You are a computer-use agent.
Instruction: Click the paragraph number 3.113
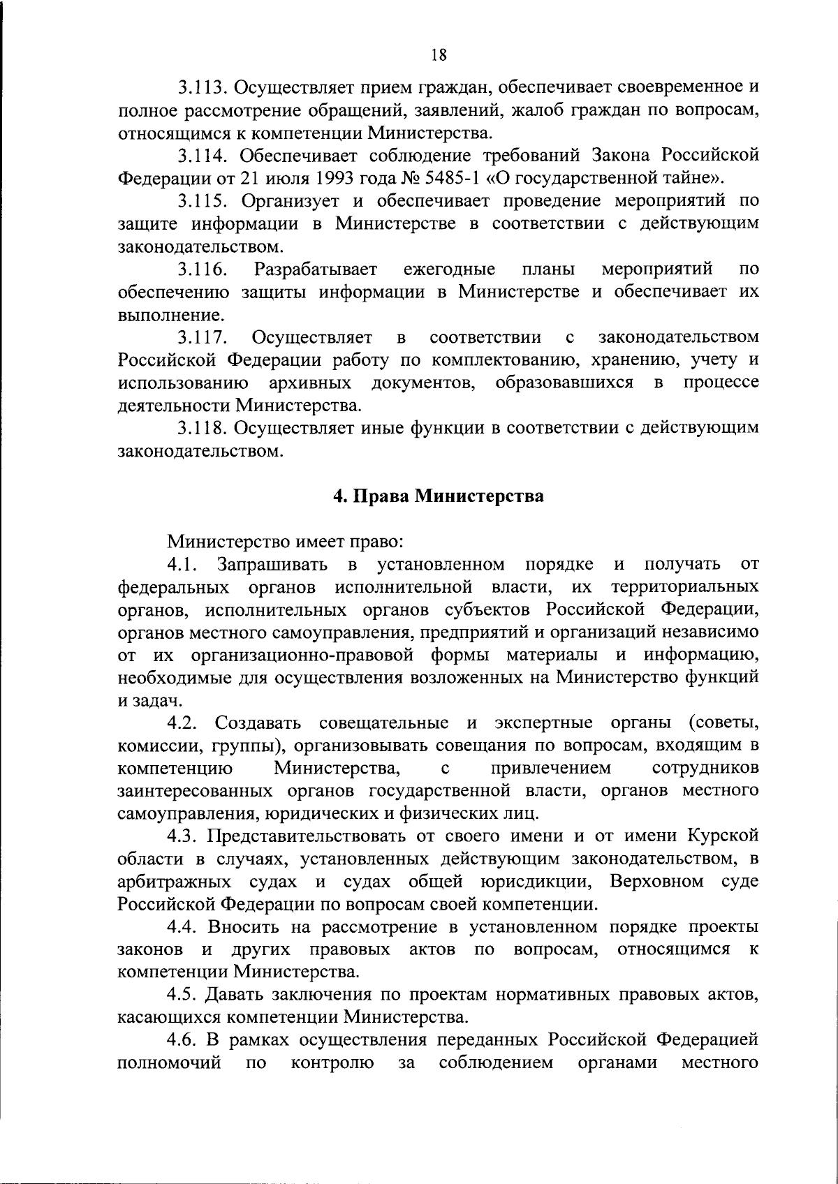coord(200,87)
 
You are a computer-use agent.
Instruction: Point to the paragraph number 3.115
coord(200,200)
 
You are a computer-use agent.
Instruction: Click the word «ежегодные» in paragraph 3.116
coord(450,269)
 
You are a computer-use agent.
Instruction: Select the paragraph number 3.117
coord(200,338)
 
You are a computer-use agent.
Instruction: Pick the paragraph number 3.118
coord(200,428)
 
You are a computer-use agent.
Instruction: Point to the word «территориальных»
coord(684,586)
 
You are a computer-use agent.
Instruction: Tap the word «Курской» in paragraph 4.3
coord(723,836)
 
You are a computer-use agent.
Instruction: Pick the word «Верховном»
coord(656,881)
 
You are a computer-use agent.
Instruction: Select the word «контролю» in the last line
coord(331,1063)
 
